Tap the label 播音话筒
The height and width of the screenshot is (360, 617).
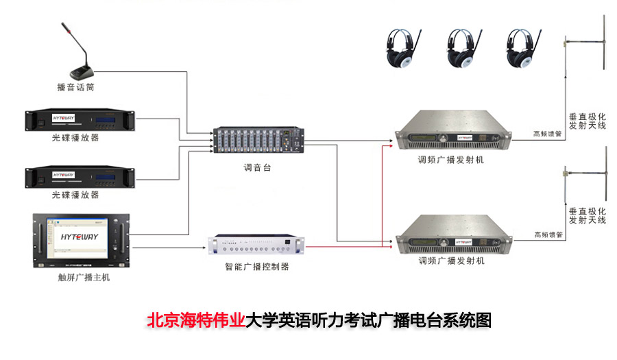tap(75, 88)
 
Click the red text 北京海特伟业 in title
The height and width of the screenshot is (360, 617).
tap(196, 320)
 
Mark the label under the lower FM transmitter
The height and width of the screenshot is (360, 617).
tap(451, 261)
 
